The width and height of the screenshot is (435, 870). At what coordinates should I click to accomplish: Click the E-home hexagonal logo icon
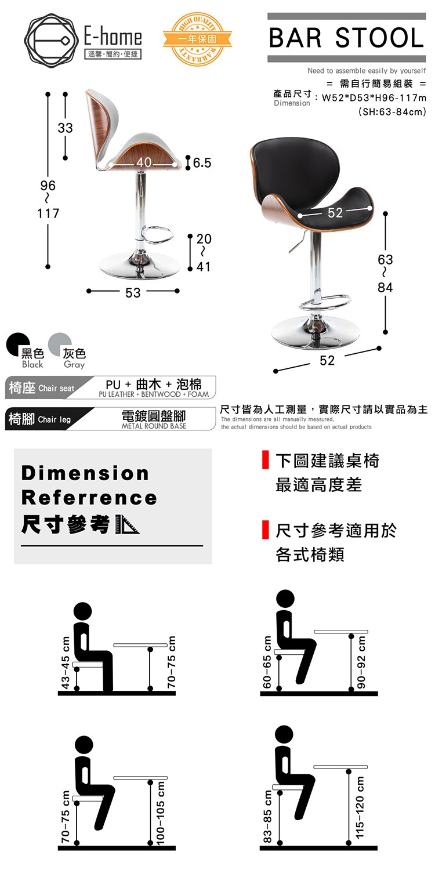pos(49,40)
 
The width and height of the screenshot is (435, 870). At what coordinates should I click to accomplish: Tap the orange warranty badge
pos(197,39)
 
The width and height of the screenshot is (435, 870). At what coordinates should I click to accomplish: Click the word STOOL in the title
pos(379,38)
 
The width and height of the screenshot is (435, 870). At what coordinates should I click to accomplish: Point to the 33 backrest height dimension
pos(65,128)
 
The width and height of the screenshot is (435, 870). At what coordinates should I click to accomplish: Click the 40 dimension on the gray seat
pos(144,162)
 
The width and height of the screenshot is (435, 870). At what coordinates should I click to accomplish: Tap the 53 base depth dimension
pos(133,293)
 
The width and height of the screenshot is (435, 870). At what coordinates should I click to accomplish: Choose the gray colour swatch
pos(60,344)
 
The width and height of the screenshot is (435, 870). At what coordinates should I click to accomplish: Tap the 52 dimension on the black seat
pos(335,212)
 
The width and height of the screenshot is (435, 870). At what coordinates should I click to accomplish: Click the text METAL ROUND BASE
pos(154,426)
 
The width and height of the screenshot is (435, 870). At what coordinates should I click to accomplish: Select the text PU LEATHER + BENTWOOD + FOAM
pos(154,394)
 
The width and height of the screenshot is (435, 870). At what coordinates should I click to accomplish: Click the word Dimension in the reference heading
pos(85,473)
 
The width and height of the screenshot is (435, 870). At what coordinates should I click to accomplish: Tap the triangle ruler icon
pos(126,525)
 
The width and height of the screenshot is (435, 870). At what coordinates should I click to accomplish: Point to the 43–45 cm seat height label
pos(66,662)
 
